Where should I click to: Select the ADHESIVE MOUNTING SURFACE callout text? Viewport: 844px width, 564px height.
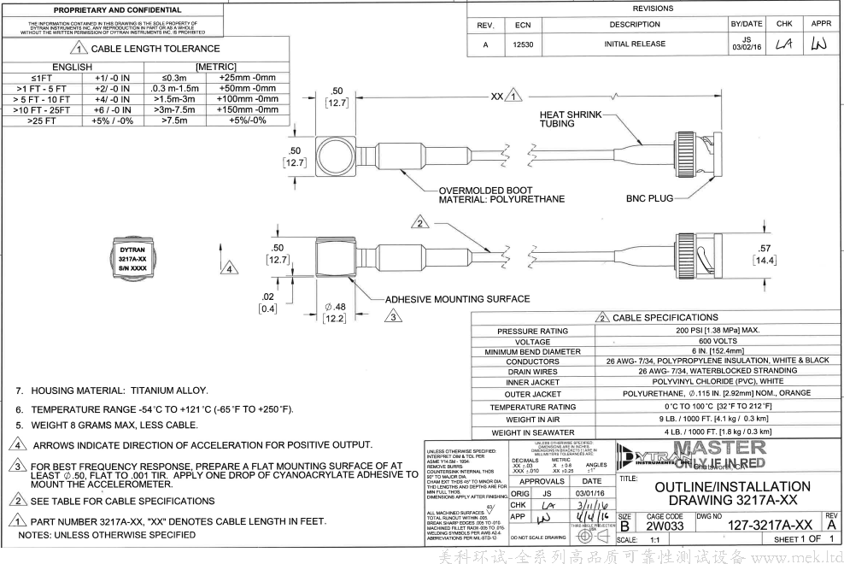pyautogui.click(x=457, y=299)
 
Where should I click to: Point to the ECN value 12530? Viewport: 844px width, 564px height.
pyautogui.click(x=518, y=44)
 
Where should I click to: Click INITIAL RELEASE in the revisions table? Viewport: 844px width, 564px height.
pyautogui.click(x=634, y=44)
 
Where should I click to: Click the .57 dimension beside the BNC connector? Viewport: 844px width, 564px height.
pyautogui.click(x=764, y=249)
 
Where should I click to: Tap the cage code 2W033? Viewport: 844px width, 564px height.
pyautogui.click(x=665, y=526)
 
